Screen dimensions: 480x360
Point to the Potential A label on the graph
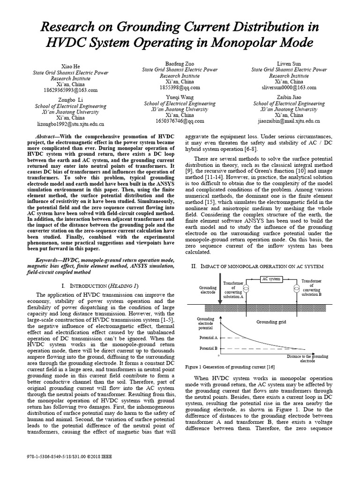(x=208, y=337)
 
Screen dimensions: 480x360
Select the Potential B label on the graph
(x=208, y=349)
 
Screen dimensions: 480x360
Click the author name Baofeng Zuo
(x=180, y=63)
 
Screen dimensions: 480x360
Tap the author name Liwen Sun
(x=289, y=63)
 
